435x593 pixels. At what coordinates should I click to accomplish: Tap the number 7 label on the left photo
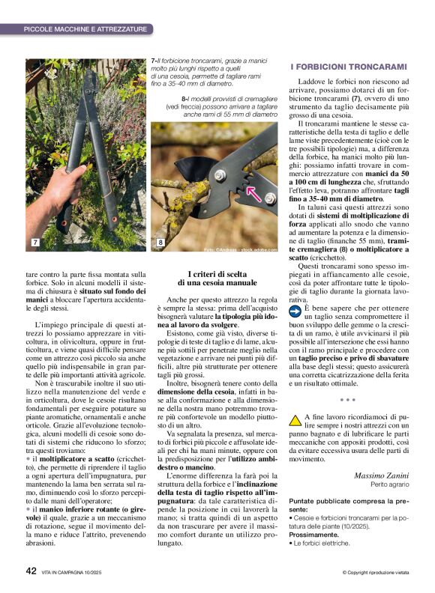[x=34, y=243]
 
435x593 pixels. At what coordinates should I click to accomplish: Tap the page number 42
[x=31, y=571]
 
